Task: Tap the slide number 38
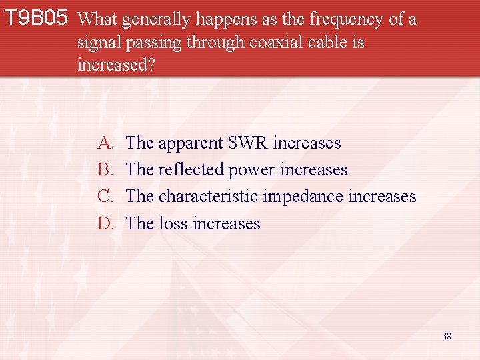coord(446,336)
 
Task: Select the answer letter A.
coord(105,143)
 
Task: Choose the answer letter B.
coord(105,170)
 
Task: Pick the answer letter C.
coord(105,197)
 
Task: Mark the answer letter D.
coord(105,223)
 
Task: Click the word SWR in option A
coord(248,143)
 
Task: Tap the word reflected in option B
coord(191,170)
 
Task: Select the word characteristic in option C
coord(209,197)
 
